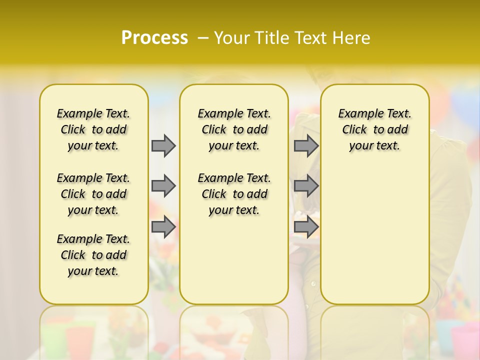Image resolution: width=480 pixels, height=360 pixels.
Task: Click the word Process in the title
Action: [154, 37]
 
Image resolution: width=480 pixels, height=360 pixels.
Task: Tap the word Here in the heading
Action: [353, 38]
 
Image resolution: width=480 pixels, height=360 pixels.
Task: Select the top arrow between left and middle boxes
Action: [163, 145]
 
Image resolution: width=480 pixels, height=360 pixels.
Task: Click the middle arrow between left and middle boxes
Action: [163, 186]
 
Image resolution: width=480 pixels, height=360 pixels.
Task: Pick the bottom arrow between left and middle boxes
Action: [163, 227]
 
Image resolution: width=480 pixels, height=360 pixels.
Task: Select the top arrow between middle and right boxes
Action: [306, 145]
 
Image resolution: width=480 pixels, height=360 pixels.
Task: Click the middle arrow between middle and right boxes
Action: [306, 186]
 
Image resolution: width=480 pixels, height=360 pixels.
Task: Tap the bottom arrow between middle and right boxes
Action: [306, 227]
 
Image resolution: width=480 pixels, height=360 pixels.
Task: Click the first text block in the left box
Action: [93, 129]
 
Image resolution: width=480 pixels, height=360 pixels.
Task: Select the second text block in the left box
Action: [93, 194]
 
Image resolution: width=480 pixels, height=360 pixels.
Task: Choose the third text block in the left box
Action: [93, 255]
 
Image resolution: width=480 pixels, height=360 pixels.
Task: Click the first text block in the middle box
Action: [234, 129]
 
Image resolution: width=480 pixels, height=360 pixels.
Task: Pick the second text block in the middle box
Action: [234, 194]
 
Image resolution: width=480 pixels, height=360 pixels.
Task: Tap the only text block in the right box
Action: [374, 129]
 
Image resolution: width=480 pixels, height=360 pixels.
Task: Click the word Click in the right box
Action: [354, 130]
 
